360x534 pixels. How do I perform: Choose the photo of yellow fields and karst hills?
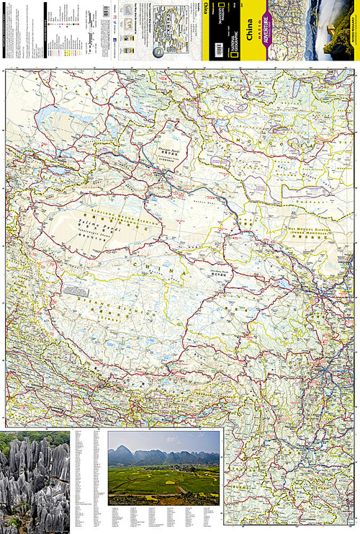163,468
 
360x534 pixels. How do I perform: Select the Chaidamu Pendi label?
220,274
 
